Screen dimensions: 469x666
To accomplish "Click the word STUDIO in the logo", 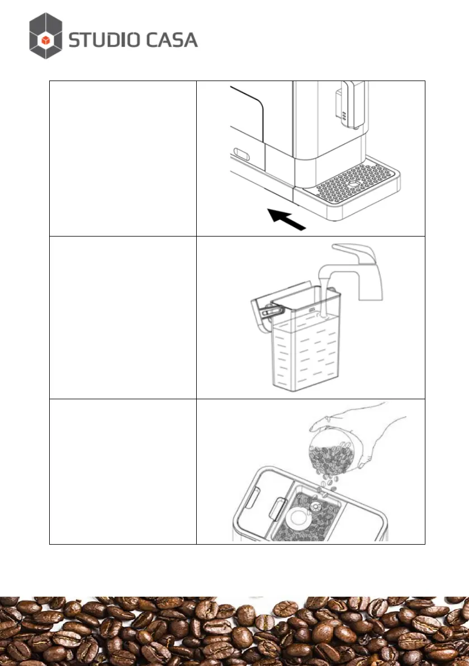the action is point(103,40).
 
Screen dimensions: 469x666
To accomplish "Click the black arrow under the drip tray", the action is point(287,219).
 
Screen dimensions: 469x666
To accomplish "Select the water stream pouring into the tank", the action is point(323,296).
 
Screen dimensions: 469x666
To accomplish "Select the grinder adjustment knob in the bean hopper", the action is point(315,506).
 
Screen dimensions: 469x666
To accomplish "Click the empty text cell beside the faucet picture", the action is point(123,317).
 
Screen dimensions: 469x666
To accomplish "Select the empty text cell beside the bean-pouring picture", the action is point(123,471).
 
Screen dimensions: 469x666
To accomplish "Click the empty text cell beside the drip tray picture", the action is point(123,158).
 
